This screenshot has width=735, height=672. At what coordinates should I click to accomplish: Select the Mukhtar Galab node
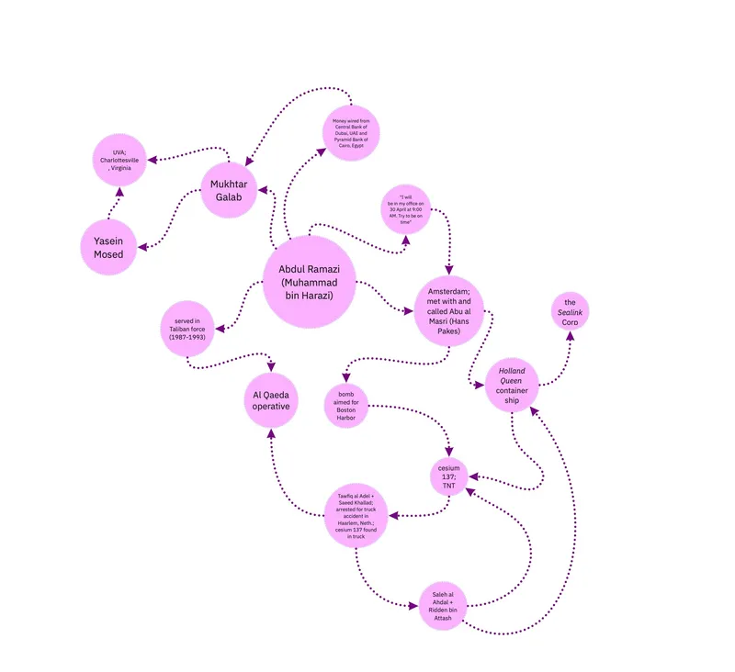point(229,191)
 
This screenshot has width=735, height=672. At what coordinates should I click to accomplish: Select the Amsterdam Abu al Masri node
point(448,310)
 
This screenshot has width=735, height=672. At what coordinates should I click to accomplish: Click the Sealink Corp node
point(571,313)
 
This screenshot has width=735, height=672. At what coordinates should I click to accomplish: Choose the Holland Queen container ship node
point(512,385)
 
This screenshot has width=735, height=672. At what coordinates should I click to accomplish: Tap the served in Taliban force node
point(187,329)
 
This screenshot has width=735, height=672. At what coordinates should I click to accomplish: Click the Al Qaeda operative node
point(271,399)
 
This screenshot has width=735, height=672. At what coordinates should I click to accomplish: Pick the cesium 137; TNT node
point(449,475)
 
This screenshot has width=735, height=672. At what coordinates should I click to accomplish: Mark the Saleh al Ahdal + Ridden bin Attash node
point(444,607)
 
